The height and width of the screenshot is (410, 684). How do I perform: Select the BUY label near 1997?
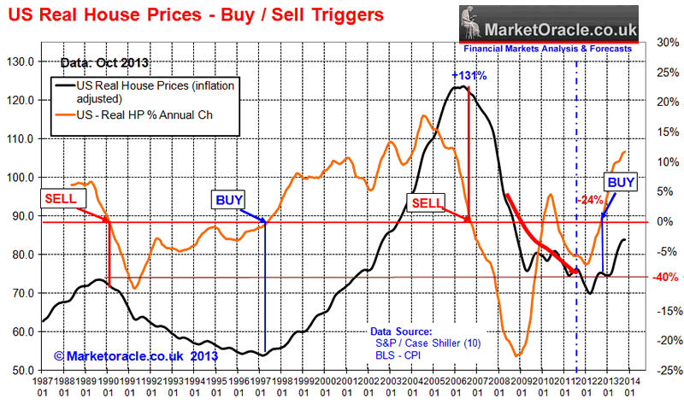(228, 200)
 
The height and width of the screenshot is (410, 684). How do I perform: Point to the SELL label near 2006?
(427, 202)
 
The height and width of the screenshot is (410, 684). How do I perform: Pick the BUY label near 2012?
(620, 182)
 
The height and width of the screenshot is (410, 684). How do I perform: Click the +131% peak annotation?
(469, 75)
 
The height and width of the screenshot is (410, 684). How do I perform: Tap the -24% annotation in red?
(591, 200)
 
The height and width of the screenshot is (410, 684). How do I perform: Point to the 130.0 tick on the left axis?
(20, 61)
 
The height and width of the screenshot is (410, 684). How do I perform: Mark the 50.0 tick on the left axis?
(20, 371)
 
